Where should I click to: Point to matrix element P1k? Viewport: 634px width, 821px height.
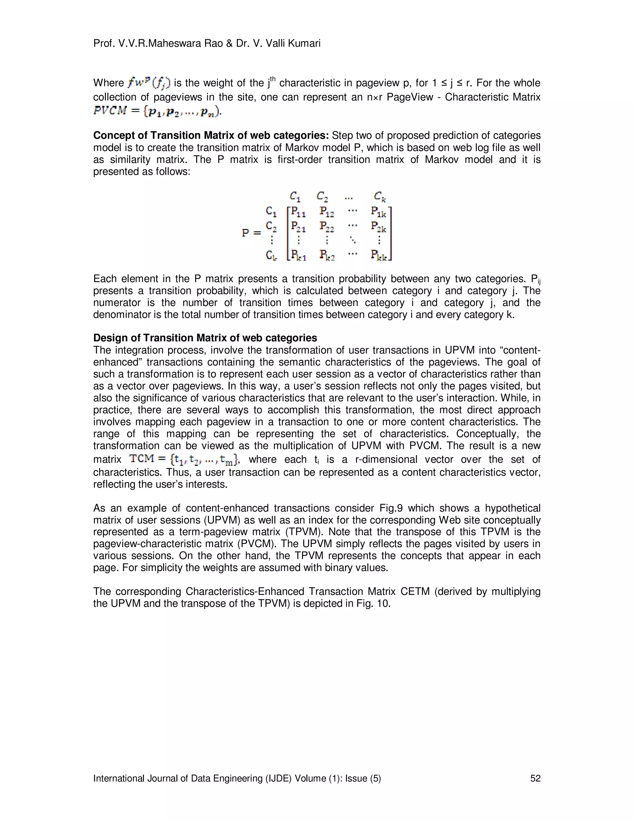[x=379, y=213]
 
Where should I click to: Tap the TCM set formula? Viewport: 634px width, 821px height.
[x=184, y=459]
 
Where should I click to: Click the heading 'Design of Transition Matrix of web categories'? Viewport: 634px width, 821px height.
[x=205, y=338]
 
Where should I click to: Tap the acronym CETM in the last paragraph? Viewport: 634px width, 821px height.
[x=415, y=592]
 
